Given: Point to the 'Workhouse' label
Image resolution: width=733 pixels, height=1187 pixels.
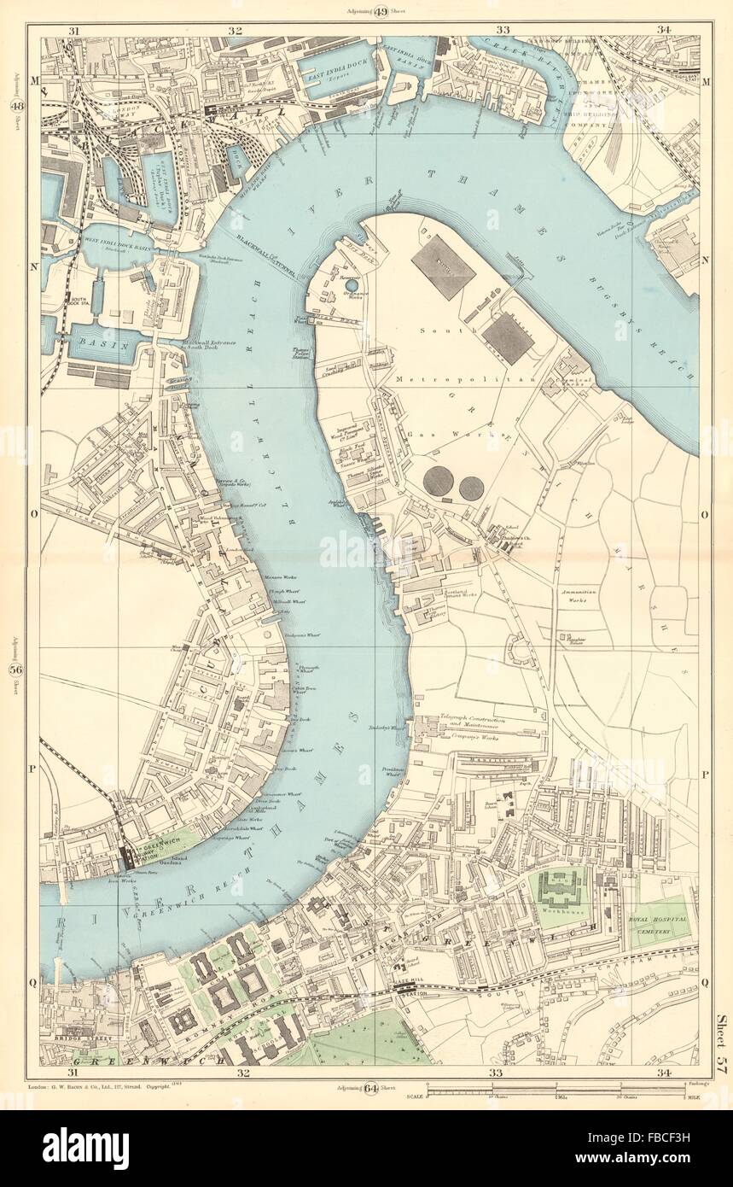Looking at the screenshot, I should pyautogui.click(x=560, y=923).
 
